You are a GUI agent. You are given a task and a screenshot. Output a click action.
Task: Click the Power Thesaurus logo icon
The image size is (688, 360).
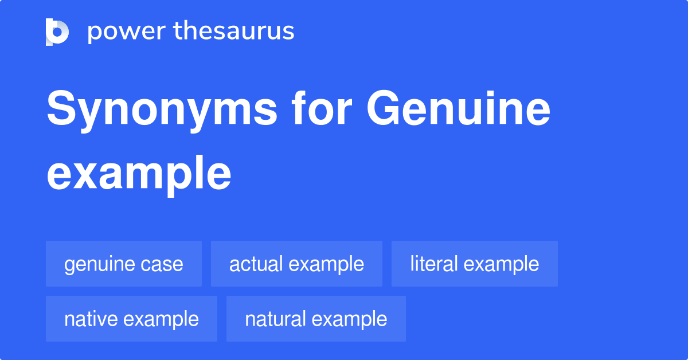[57, 32]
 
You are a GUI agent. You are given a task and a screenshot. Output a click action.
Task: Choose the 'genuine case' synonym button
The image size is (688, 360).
[124, 264]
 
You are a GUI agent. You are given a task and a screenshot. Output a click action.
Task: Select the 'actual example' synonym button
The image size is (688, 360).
[296, 264]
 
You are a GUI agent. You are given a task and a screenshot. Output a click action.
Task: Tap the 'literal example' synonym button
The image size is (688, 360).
[474, 264]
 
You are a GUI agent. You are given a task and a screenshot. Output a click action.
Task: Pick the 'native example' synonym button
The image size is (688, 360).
[131, 319]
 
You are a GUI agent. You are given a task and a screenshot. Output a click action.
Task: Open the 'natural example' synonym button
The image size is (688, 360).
[316, 319]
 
